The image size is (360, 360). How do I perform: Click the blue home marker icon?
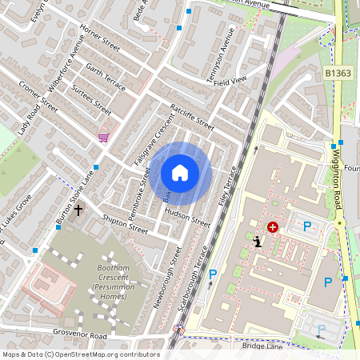pyautogui.click(x=180, y=172)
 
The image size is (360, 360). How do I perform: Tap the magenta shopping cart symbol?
pyautogui.click(x=103, y=138)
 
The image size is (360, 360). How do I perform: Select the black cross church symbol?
pyautogui.click(x=78, y=210)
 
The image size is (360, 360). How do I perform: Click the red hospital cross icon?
pyautogui.click(x=274, y=227)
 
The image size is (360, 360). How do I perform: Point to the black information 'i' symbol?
pyautogui.click(x=257, y=242)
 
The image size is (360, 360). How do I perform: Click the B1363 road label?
pyautogui.click(x=338, y=73)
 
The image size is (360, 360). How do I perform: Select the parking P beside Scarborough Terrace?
pyautogui.click(x=212, y=275)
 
